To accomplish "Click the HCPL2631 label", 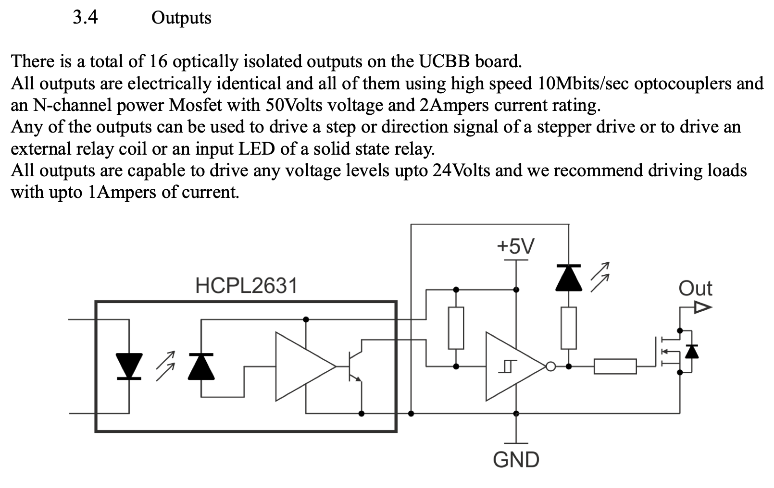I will point(246,286).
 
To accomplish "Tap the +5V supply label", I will point(515,246).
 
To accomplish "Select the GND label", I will point(516,460).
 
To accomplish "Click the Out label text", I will point(695,289).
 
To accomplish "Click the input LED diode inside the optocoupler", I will point(129,366).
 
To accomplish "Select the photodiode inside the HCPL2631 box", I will point(201,366).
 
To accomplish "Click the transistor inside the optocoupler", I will point(355,366).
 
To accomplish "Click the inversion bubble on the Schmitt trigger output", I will point(550,367).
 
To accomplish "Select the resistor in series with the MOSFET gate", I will point(615,366).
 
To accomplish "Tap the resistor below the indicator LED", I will point(568,328).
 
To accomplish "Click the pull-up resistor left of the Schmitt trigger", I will point(456,328).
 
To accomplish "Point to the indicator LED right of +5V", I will point(568,278).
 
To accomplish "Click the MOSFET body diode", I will point(691,352).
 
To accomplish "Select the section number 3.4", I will point(85,17).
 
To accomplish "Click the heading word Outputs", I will point(181,18).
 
